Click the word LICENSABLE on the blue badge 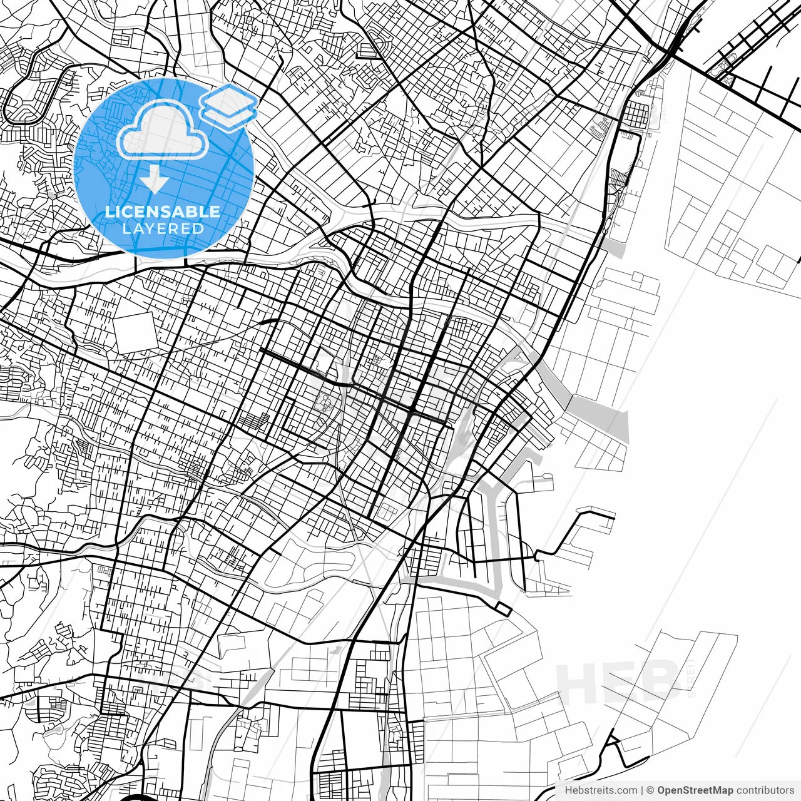pyautogui.click(x=163, y=212)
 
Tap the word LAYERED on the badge pyautogui.click(x=163, y=228)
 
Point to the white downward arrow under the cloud pyautogui.click(x=154, y=180)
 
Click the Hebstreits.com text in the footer pyautogui.click(x=601, y=790)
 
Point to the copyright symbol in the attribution pyautogui.click(x=651, y=790)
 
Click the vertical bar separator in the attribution pyautogui.click(x=643, y=790)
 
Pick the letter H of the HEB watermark pyautogui.click(x=579, y=683)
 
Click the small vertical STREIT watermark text pyautogui.click(x=691, y=679)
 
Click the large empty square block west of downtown pyautogui.click(x=135, y=332)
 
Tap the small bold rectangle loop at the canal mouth pyautogui.click(x=503, y=609)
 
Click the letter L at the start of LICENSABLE pyautogui.click(x=109, y=212)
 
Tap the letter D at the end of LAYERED pyautogui.click(x=200, y=228)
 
